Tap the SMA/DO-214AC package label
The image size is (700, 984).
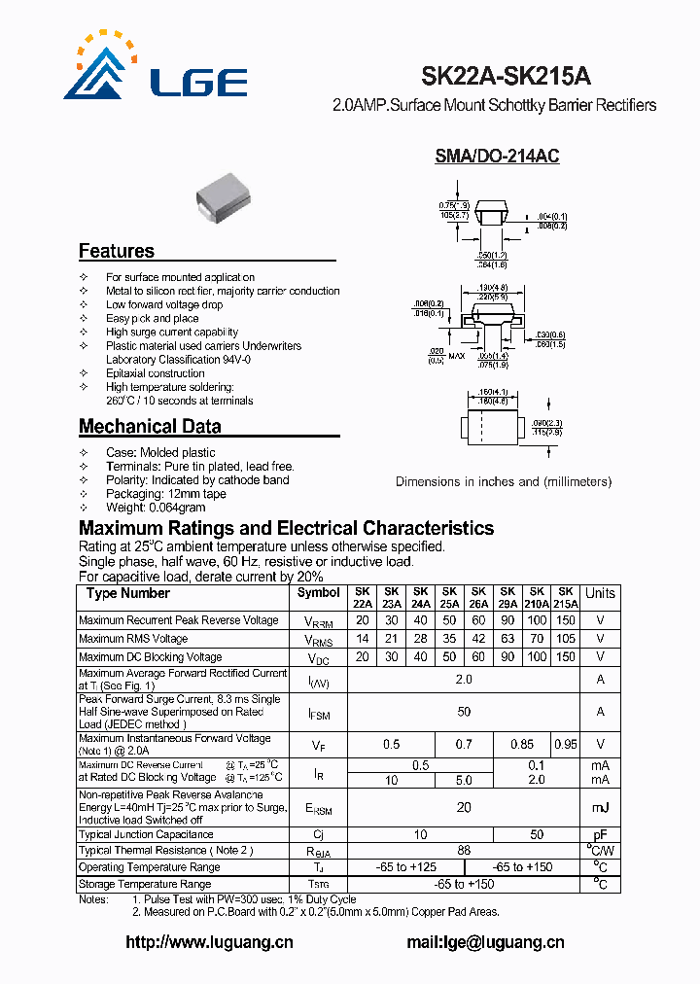[497, 156]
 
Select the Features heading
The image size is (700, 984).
[117, 251]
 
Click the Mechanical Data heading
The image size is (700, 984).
[150, 426]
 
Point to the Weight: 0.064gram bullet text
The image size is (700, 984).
[156, 508]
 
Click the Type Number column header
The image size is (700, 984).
[127, 593]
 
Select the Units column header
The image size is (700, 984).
[600, 593]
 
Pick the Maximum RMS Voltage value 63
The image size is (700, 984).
[507, 639]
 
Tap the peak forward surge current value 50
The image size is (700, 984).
[464, 712]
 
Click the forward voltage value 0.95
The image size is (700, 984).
[565, 745]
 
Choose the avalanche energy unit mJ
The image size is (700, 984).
[600, 808]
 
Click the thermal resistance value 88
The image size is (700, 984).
[464, 850]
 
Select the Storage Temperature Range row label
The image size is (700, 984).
[145, 884]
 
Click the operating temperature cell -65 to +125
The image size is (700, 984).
[405, 866]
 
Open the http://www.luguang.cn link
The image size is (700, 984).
[209, 941]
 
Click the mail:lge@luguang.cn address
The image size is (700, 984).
[484, 941]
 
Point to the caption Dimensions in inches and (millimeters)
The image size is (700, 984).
[504, 481]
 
